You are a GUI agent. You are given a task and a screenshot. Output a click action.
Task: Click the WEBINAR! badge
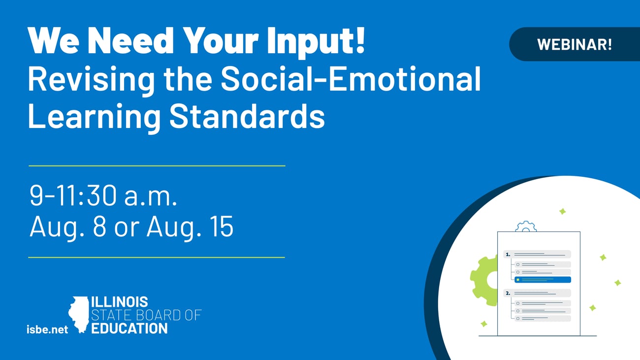575,44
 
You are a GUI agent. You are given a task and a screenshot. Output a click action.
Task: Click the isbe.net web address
47,329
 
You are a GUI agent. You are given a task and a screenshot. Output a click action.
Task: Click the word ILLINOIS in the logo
120,302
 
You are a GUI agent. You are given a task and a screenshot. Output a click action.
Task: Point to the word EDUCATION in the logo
129,328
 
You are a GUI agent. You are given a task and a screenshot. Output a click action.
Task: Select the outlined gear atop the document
526,227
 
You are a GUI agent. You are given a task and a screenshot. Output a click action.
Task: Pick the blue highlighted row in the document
543,279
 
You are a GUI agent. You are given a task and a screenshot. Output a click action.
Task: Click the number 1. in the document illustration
508,255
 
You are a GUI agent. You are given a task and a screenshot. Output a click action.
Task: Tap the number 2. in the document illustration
508,293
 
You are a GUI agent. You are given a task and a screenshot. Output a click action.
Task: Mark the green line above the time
157,166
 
